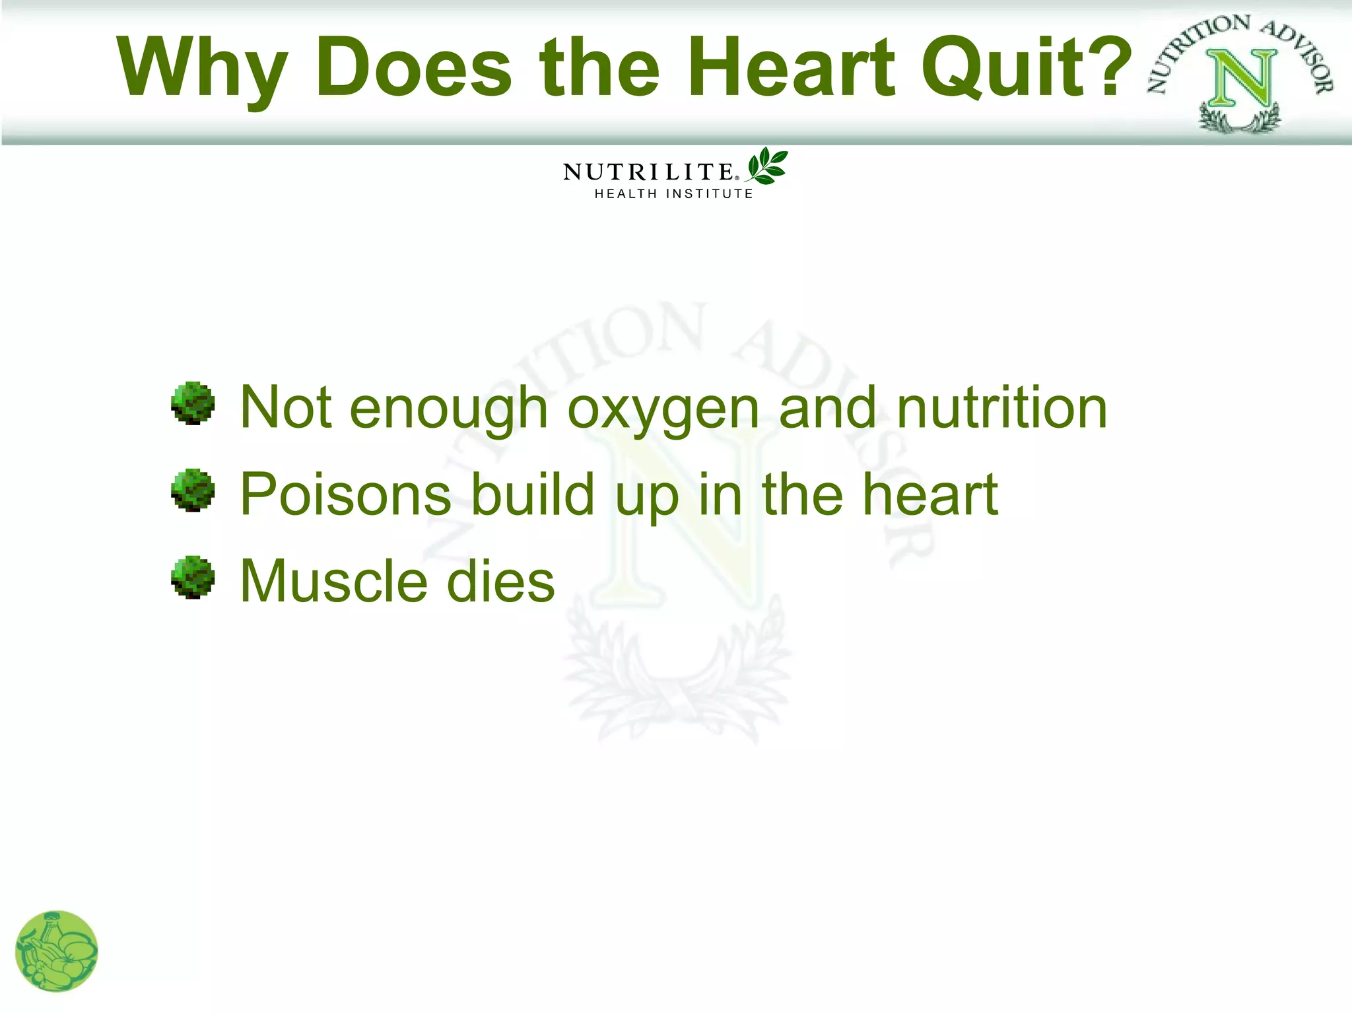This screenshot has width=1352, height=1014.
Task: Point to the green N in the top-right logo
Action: [1240, 79]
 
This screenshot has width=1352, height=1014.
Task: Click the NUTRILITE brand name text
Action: [648, 172]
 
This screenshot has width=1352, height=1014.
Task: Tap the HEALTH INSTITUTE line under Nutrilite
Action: [673, 194]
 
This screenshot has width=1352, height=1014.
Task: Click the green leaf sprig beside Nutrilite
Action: [767, 166]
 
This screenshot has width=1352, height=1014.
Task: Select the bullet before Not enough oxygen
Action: [193, 403]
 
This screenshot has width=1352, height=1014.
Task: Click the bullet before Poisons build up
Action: [193, 490]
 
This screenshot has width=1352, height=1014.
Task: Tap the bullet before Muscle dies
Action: [193, 577]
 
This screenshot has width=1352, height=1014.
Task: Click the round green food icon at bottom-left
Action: [57, 951]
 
